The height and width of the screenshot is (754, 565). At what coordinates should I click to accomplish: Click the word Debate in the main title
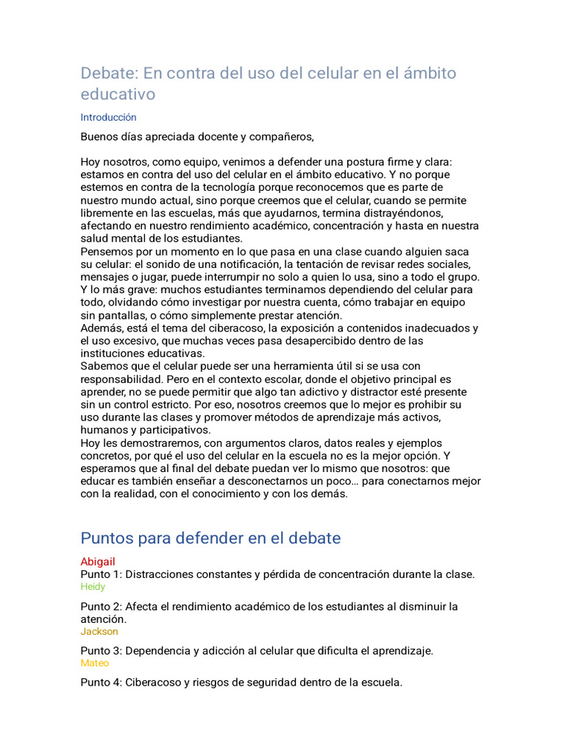(x=107, y=73)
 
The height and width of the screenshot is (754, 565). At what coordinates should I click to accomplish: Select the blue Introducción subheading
(x=108, y=117)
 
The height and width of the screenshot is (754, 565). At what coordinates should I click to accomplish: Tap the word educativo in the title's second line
(x=118, y=94)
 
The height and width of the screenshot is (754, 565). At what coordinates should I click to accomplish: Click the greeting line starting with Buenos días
(x=197, y=136)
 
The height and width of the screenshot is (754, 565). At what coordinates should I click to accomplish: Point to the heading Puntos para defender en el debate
(x=210, y=538)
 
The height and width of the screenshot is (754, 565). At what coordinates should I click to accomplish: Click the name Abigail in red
(x=98, y=562)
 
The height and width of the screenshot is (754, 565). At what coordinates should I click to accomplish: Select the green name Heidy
(x=93, y=587)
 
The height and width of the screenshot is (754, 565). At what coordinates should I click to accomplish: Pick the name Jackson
(x=99, y=632)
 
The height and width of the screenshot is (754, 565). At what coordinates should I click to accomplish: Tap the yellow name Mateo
(x=94, y=663)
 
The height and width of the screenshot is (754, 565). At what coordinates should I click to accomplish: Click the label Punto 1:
(x=101, y=574)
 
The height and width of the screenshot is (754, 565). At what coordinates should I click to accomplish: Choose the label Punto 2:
(x=101, y=607)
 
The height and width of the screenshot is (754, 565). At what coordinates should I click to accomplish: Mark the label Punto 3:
(x=101, y=651)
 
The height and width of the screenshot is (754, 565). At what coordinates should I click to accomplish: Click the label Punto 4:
(x=101, y=683)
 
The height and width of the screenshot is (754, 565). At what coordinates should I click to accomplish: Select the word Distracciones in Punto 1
(x=160, y=574)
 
